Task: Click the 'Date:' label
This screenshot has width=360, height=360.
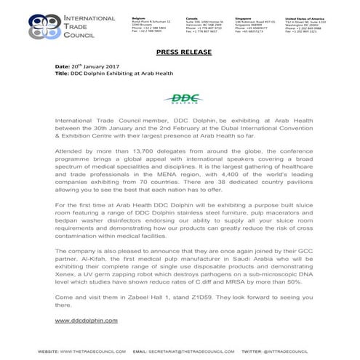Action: pos(63,65)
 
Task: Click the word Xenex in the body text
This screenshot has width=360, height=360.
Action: pos(68,276)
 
